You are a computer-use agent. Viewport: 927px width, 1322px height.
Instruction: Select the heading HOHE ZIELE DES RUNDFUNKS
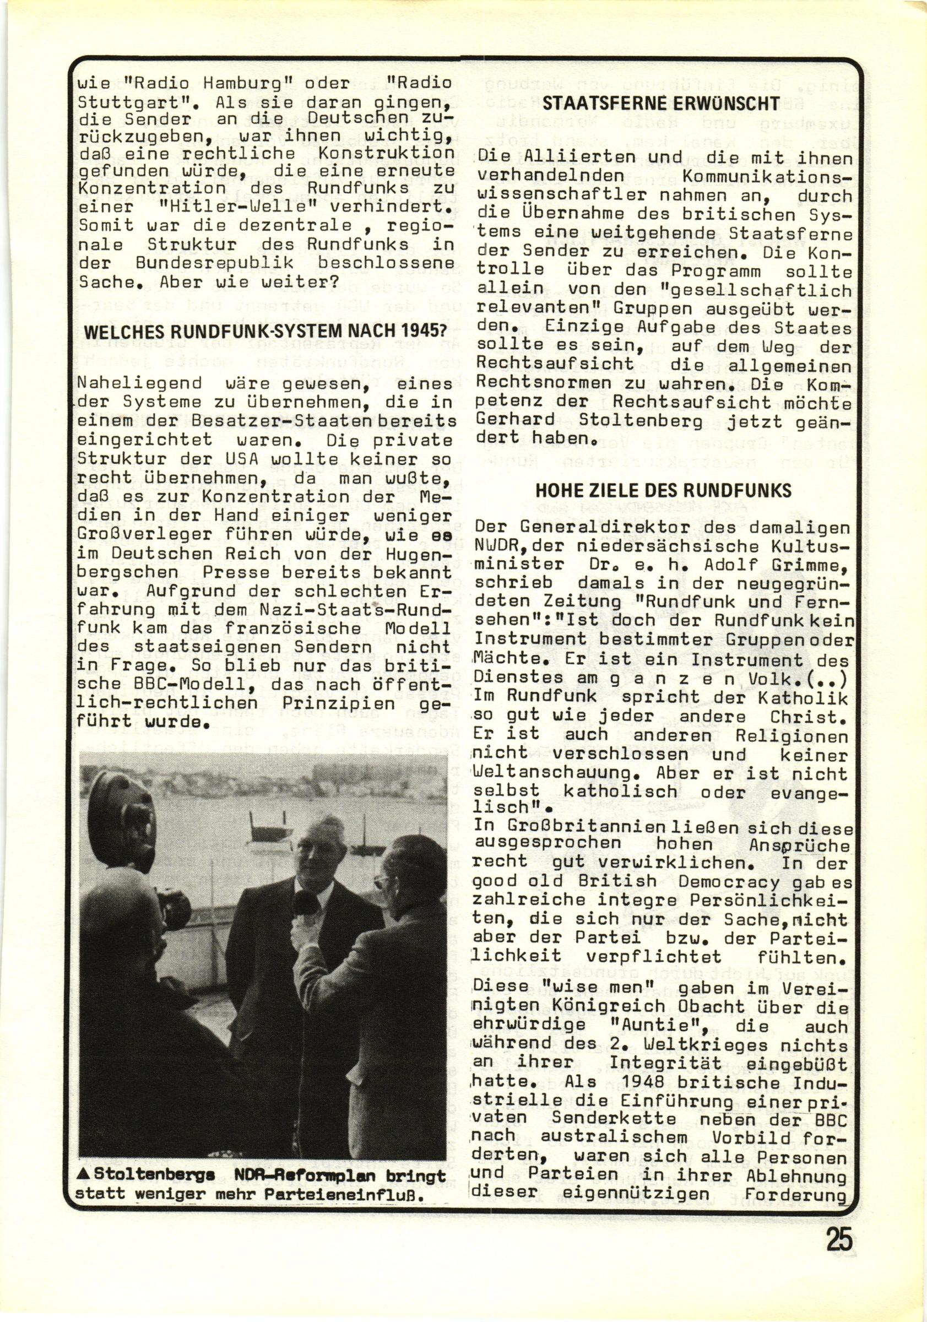[x=663, y=490]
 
